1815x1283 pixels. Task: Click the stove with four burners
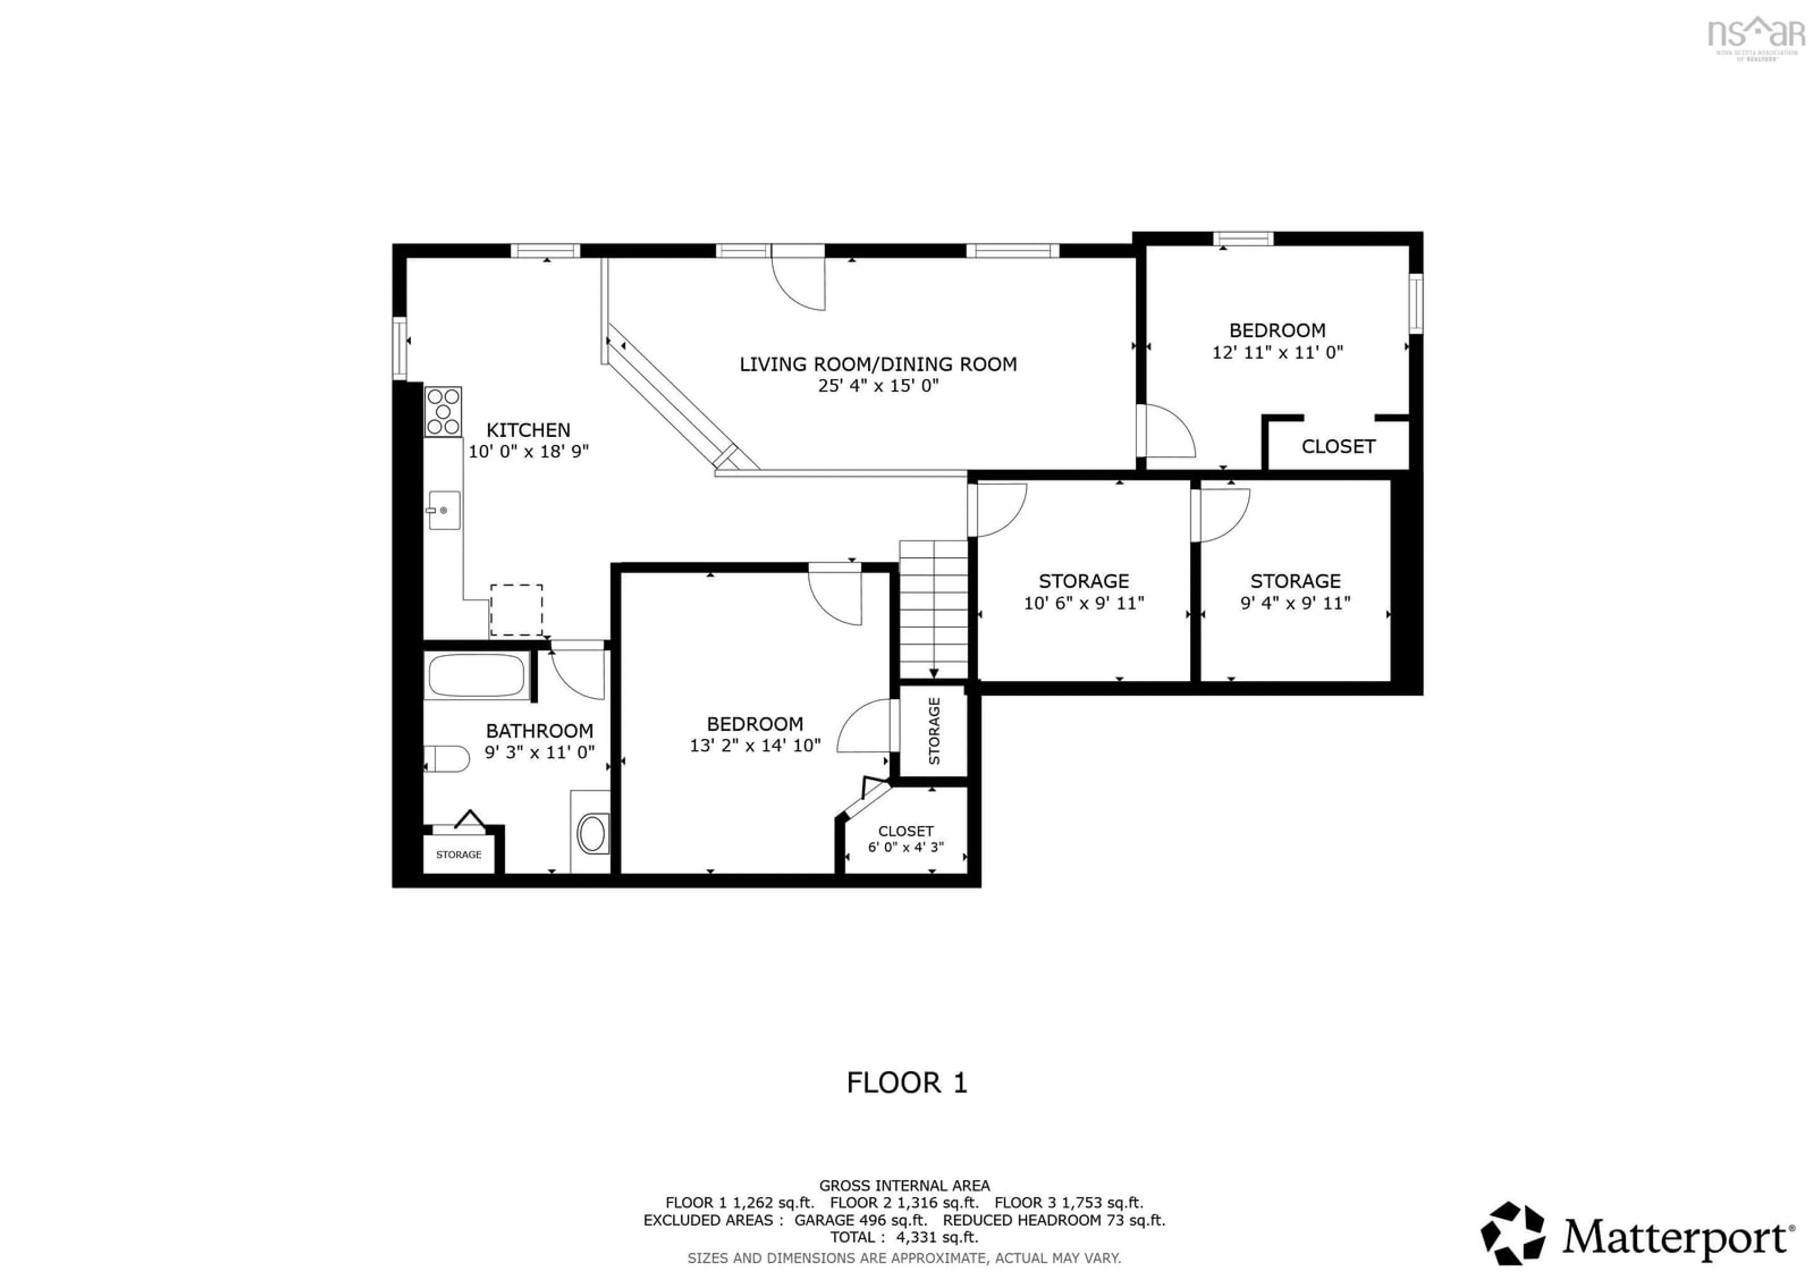coord(443,411)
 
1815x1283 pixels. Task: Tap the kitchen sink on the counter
coord(443,511)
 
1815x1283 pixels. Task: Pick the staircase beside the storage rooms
coord(933,609)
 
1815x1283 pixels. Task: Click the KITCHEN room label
coord(528,430)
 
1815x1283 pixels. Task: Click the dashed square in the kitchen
coord(516,609)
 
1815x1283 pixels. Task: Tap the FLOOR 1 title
coord(907,1082)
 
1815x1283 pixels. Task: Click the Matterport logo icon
coord(1512,1233)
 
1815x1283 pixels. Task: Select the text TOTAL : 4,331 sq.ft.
coord(904,1237)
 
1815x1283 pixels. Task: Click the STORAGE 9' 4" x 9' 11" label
coord(1295,592)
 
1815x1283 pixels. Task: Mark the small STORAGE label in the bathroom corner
coord(458,855)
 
